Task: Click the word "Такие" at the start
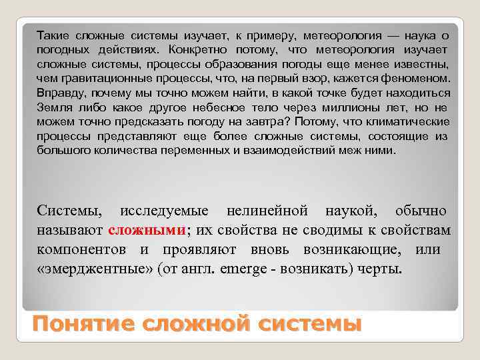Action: (x=53, y=35)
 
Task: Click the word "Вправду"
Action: (x=60, y=94)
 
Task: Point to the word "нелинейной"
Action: (x=267, y=211)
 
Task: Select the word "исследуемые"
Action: (x=164, y=211)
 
